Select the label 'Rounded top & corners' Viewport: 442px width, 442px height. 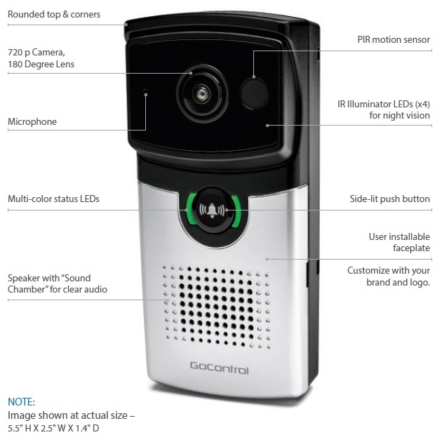coord(53,14)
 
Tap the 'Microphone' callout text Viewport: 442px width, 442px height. coord(32,122)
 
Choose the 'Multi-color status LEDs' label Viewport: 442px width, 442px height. coord(53,199)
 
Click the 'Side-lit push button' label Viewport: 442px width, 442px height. coord(389,199)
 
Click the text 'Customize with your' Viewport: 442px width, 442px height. coord(388,271)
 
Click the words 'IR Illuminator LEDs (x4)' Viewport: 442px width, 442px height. coord(383,105)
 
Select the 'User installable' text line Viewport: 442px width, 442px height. coord(399,236)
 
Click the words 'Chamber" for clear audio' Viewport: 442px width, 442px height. coord(57,290)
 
